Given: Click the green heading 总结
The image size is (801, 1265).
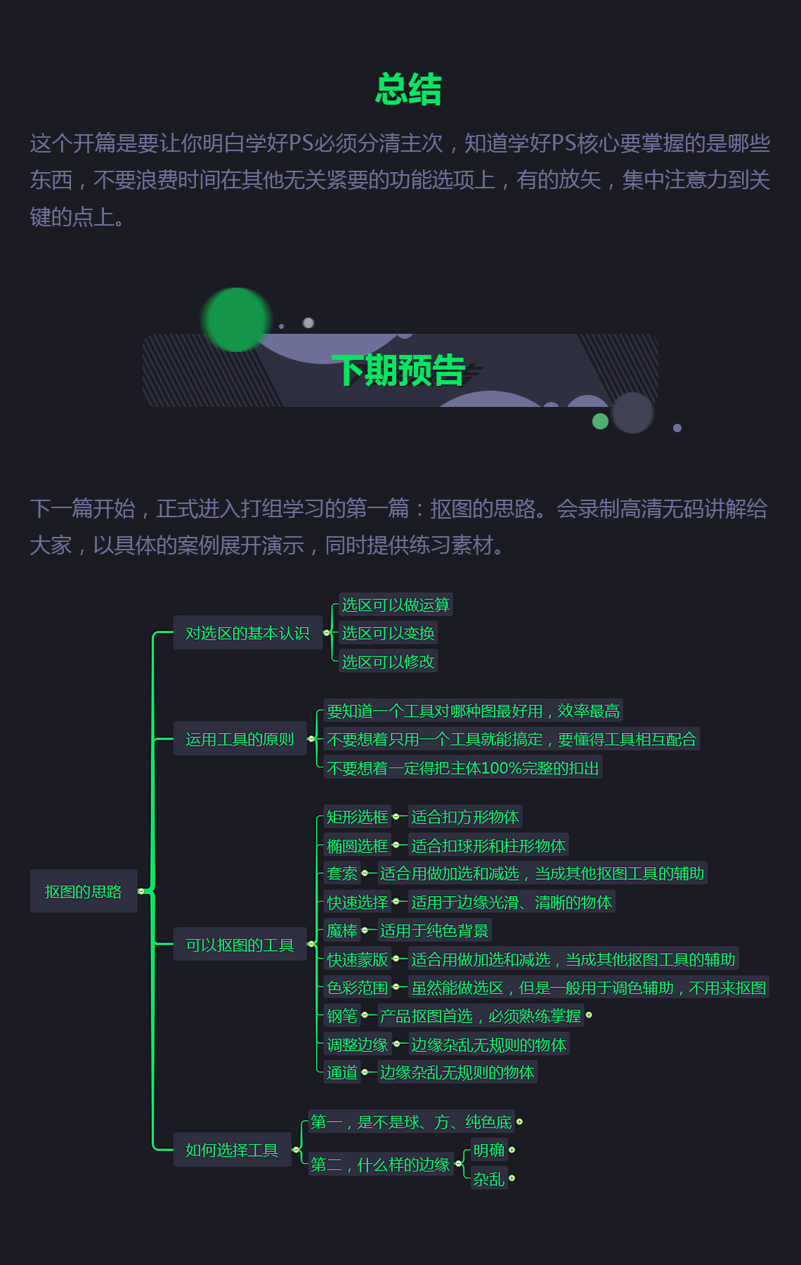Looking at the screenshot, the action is [x=408, y=90].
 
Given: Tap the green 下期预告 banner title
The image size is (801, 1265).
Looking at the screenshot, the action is [x=398, y=370].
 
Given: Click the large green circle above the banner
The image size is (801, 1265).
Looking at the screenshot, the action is [x=237, y=320].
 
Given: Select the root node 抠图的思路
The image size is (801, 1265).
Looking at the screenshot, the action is [x=83, y=891].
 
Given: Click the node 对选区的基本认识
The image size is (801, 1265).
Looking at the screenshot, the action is [x=247, y=633].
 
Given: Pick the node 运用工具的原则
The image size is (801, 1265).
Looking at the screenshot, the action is [x=240, y=739].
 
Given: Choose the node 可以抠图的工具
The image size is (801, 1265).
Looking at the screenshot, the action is [x=240, y=945].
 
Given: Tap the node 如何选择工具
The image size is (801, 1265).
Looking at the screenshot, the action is [x=232, y=1150].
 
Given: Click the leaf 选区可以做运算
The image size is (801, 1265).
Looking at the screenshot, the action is [x=396, y=605].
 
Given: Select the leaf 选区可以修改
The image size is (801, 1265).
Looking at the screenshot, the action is [x=388, y=661].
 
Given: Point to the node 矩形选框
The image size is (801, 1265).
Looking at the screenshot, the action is [x=357, y=817].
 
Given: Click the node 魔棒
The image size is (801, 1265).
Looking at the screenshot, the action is [x=342, y=930].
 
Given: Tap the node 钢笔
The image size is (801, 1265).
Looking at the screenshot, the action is [x=342, y=1016].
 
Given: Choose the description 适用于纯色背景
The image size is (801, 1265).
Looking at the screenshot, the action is [x=434, y=930].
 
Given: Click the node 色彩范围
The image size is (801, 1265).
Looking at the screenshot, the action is [x=357, y=987].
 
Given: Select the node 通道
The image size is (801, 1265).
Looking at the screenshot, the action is [x=342, y=1072].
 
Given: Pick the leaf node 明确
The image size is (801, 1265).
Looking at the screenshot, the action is [x=489, y=1150].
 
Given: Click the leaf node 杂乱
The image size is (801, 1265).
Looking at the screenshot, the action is [x=489, y=1179].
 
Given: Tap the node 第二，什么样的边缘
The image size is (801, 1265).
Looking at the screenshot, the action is [x=380, y=1165].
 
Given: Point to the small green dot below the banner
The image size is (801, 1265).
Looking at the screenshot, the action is [x=600, y=421].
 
